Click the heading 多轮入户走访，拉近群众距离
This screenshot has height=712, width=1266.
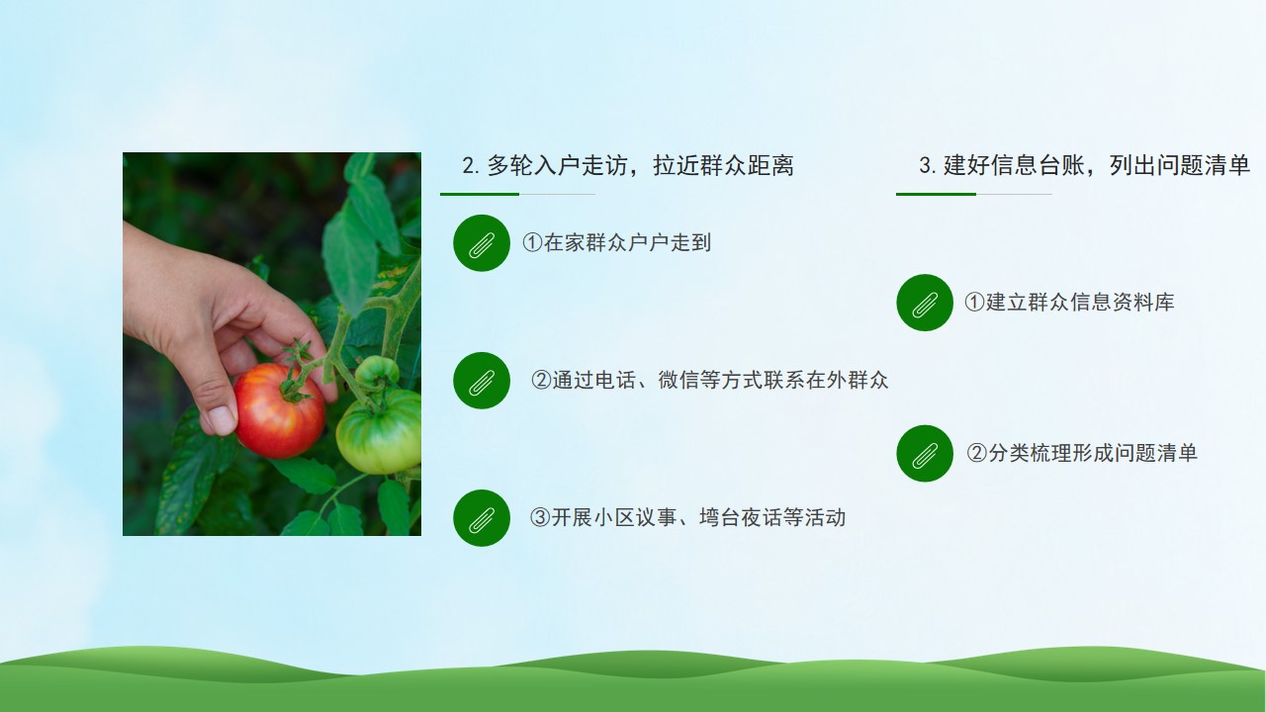coord(640,165)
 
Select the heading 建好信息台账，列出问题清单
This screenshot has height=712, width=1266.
coord(1097,165)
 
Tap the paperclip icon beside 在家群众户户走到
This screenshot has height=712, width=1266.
coord(482,243)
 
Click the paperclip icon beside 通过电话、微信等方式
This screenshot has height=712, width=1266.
coord(482,381)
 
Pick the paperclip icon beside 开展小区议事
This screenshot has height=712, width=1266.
coord(482,517)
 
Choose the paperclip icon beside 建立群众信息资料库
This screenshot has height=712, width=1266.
coord(925,303)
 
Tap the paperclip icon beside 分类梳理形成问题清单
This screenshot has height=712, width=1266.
coord(925,453)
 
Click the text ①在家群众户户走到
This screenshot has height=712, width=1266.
coord(616,243)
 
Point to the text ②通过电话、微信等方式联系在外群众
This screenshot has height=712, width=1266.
coord(709,381)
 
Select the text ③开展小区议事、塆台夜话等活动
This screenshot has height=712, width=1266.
coord(687,517)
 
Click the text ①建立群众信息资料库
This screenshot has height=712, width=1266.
coord(1069,303)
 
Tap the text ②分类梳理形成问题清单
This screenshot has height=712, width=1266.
coord(1082,453)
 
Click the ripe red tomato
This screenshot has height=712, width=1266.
coord(279,411)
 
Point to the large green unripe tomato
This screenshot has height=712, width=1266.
coord(379,430)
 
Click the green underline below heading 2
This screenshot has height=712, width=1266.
coord(480,194)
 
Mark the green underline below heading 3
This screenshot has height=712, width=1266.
coord(936,194)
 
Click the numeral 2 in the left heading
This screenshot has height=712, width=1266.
coord(468,166)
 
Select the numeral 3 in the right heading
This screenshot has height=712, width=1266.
coord(925,165)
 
